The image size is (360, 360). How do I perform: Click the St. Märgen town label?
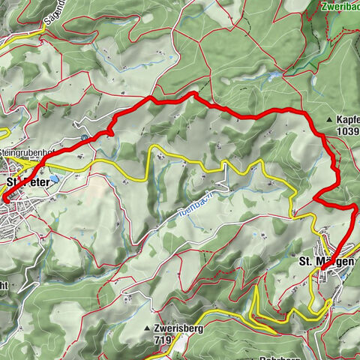click(x=326, y=262)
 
